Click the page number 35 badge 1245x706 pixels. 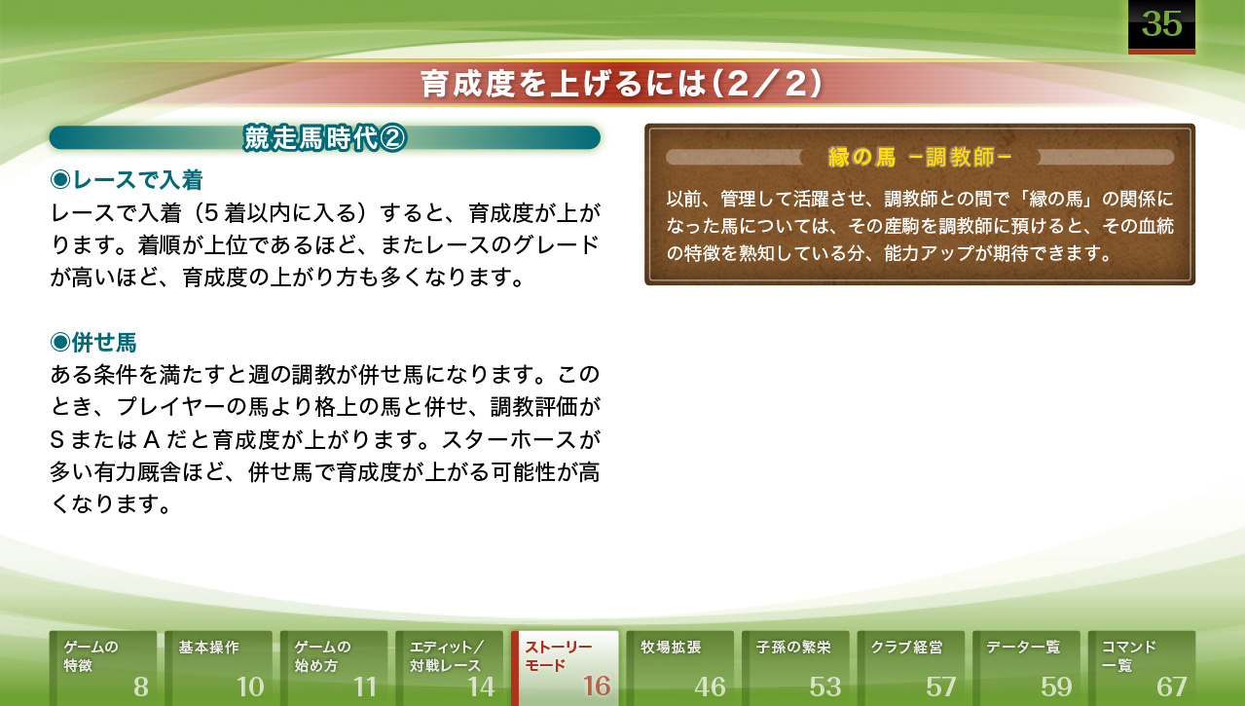tap(1161, 26)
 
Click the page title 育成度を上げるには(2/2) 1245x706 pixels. tap(622, 84)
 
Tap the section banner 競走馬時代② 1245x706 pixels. tap(324, 138)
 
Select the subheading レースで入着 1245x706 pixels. tap(127, 179)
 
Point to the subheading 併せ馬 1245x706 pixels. tap(93, 343)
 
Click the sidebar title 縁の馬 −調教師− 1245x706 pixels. tap(920, 158)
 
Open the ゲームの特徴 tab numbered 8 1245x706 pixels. tap(103, 668)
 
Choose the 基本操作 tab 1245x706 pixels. tap(218, 668)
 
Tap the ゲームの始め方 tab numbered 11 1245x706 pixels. tap(334, 668)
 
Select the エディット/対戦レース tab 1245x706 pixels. tap(449, 668)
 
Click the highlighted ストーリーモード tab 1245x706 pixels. tap(565, 668)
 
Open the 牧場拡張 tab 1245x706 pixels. tap(679, 668)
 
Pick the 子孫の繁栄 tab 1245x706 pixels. tap(795, 668)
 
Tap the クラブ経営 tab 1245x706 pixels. tap(911, 668)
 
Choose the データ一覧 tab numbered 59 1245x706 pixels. tap(1026, 668)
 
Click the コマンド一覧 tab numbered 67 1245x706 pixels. tap(1142, 668)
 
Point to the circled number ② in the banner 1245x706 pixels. tap(393, 138)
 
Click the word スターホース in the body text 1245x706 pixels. tap(509, 440)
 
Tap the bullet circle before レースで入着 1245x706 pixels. tap(60, 179)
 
